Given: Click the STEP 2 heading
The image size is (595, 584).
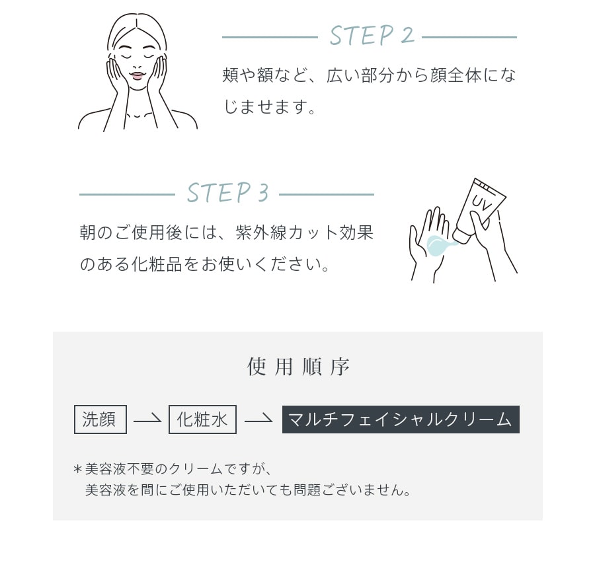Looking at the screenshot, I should click(372, 36).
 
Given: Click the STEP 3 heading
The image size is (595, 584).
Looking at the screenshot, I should click(227, 194).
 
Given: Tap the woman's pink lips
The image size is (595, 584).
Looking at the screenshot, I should click(136, 76).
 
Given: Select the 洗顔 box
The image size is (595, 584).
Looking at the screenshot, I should click(100, 420).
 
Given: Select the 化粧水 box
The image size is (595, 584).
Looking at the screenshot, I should click(202, 420).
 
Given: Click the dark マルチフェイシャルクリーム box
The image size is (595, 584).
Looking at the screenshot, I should click(401, 420).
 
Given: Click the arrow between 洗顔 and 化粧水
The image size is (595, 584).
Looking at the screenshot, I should click(147, 420).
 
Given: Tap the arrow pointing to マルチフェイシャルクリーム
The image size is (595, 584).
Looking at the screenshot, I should click(258, 420).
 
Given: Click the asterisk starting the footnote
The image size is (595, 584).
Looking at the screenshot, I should click(77, 470).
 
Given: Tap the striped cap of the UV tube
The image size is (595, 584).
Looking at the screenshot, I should click(488, 185).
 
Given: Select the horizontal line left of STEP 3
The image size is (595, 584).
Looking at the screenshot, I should click(126, 195).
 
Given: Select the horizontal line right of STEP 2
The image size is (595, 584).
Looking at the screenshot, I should click(469, 37).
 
